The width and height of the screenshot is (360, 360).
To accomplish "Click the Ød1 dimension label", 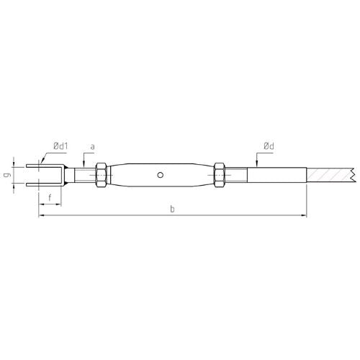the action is coord(60,146).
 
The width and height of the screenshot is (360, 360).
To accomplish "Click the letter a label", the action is coord(92,147).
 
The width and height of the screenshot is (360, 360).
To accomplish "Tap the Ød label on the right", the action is coord(269,146).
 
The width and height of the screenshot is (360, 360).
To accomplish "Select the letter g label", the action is coord(8,175).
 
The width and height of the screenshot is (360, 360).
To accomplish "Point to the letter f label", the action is coord(50,198).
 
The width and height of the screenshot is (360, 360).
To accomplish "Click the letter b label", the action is coord(172,209).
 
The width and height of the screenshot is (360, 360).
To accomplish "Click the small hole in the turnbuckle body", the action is coord(161,175).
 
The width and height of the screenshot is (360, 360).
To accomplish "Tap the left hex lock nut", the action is coord(101,175).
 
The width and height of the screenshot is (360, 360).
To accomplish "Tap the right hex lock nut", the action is coord(219,175).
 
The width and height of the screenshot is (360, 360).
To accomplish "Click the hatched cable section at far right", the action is coord(330,175).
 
